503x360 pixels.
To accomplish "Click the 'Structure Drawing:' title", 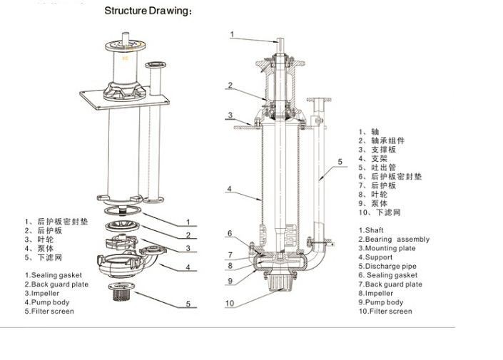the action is [x=148, y=11].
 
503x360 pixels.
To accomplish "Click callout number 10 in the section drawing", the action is [x=230, y=303].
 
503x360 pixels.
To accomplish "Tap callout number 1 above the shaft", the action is [x=232, y=34].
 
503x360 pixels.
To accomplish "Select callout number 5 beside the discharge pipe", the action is [x=340, y=162].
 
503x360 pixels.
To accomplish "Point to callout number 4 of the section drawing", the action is [x=229, y=189].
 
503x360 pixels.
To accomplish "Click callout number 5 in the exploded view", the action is [x=188, y=304].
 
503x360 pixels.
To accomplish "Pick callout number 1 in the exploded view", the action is [x=188, y=222].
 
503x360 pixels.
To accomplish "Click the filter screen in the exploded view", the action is [x=121, y=291].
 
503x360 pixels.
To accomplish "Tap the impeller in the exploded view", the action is [x=121, y=242].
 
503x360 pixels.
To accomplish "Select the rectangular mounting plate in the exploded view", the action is [x=124, y=100].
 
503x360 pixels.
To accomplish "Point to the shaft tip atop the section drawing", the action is [x=280, y=40].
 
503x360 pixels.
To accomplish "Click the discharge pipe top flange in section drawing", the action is [x=319, y=100].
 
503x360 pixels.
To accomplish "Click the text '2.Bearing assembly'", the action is [x=394, y=240].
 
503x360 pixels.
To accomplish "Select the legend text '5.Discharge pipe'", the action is [x=387, y=267].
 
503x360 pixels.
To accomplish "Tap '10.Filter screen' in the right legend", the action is [x=385, y=312].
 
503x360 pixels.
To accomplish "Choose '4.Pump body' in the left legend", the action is [x=47, y=302].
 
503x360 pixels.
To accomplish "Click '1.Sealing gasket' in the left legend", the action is [x=54, y=275].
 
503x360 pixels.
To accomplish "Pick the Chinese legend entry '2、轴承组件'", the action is [x=382, y=140].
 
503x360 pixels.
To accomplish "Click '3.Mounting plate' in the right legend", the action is [x=387, y=249].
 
